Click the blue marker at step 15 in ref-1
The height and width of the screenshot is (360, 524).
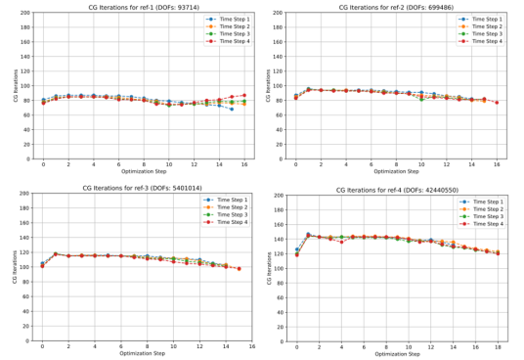pyautogui.click(x=232, y=109)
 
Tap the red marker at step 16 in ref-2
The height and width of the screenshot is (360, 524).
pyautogui.click(x=497, y=103)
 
